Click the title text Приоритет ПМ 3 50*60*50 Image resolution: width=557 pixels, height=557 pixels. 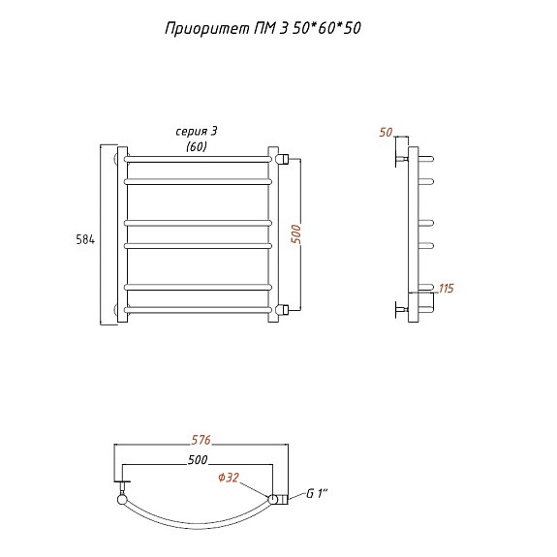263,28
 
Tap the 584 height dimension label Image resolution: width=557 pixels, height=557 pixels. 85,240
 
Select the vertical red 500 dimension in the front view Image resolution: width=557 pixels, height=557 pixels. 295,234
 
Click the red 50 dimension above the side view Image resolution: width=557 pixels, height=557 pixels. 386,133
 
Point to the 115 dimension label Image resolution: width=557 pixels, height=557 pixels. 447,288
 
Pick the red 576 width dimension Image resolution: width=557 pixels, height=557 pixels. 201,440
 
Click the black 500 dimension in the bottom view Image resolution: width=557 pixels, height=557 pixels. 198,460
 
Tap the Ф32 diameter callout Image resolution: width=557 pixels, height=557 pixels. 229,478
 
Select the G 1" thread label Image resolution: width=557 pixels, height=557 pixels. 317,493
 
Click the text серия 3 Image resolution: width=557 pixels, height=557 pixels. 196,132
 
